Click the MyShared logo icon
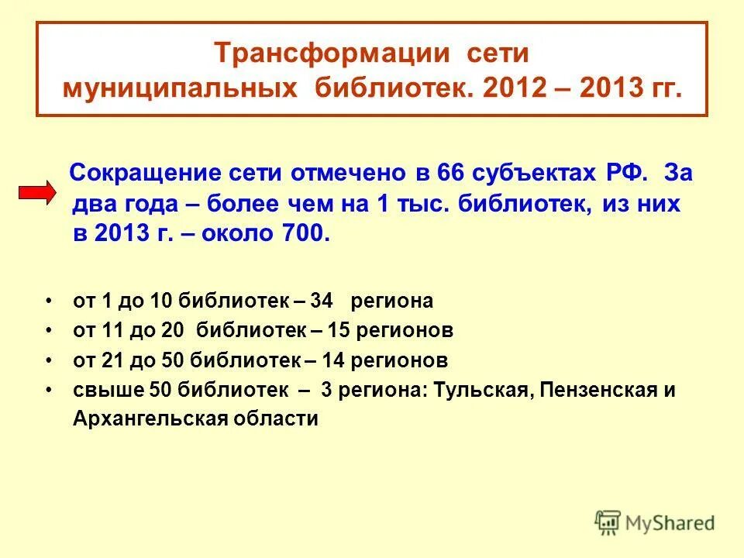(608, 523)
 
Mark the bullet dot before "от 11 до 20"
(49, 330)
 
